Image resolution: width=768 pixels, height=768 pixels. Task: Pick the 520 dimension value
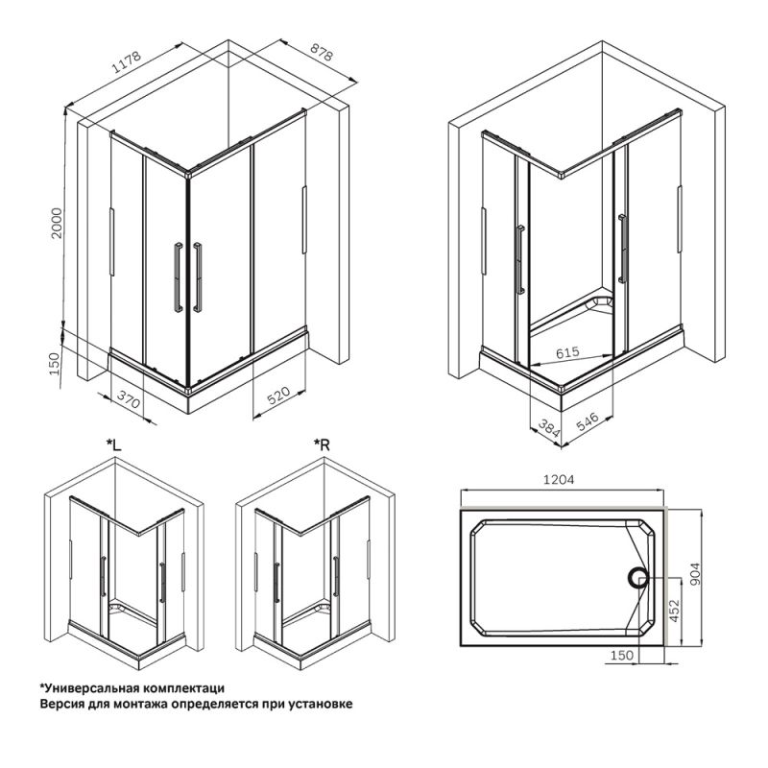[278, 397]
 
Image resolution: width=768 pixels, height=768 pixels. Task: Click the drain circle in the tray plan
[638, 577]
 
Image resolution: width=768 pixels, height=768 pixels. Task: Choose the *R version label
[324, 444]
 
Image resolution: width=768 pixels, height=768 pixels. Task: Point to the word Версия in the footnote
[61, 704]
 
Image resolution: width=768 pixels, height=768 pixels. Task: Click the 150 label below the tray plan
[621, 656]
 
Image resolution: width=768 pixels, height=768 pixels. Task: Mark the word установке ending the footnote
[321, 704]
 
